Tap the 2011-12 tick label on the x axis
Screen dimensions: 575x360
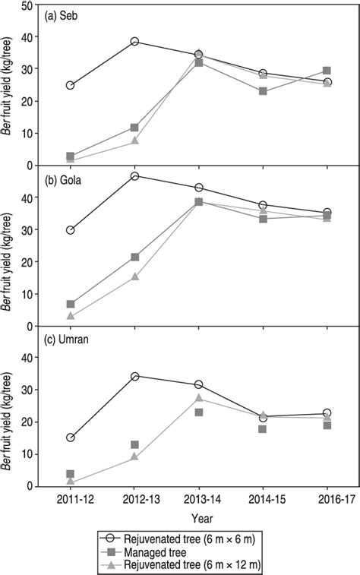click(x=71, y=501)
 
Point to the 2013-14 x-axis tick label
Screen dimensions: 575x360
click(x=199, y=501)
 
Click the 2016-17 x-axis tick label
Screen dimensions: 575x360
click(x=327, y=501)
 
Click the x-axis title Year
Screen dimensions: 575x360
click(x=199, y=519)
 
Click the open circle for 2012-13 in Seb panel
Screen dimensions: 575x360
click(x=135, y=42)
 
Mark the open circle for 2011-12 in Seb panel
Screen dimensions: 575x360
click(x=71, y=85)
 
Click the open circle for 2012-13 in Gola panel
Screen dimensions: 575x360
click(x=135, y=176)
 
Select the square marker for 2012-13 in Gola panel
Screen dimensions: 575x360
click(x=135, y=257)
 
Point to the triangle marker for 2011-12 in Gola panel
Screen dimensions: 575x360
click(x=71, y=316)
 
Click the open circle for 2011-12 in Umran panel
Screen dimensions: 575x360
click(x=71, y=438)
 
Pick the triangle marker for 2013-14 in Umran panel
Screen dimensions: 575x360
click(x=199, y=398)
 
